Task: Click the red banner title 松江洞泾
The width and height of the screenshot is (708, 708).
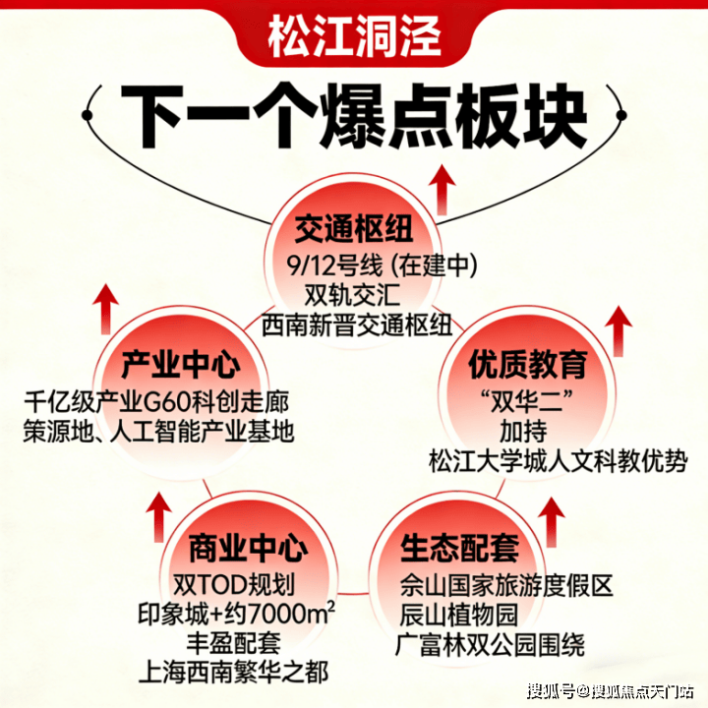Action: click(354, 39)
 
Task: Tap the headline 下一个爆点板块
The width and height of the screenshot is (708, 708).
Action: click(354, 116)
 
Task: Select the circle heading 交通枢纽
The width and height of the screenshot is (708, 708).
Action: click(356, 232)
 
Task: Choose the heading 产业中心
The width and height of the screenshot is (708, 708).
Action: click(180, 367)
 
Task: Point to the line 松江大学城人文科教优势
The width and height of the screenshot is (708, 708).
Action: click(558, 460)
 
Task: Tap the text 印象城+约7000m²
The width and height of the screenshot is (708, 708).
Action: click(236, 615)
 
